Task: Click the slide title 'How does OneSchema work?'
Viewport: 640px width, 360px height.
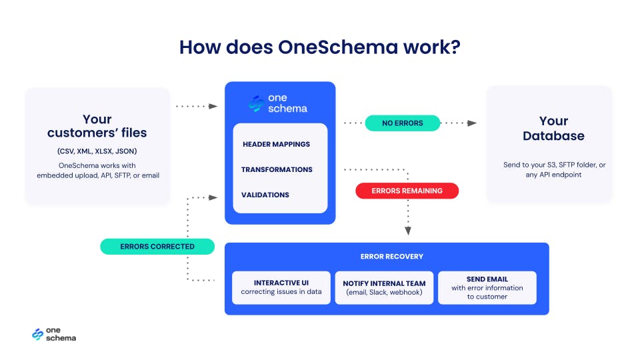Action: [320, 48]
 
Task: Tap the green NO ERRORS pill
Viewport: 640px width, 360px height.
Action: [403, 123]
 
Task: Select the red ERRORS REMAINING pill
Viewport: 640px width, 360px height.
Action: [407, 191]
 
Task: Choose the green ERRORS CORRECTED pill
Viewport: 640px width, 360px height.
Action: [157, 246]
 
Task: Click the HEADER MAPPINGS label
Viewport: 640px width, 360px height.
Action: [276, 144]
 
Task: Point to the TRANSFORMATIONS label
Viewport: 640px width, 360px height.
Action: [277, 169]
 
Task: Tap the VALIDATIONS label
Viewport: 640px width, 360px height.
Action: [265, 195]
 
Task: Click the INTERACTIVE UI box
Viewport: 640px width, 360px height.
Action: [281, 287]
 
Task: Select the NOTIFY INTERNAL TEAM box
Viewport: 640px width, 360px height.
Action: [384, 287]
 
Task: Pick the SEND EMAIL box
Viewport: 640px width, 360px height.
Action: [487, 287]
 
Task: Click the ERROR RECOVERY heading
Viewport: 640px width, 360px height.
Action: [387, 256]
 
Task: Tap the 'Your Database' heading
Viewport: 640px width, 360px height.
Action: [553, 128]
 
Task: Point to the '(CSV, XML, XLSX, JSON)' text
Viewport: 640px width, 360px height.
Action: [97, 150]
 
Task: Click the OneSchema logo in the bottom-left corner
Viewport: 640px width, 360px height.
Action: [54, 335]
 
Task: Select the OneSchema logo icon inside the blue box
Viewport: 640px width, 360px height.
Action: [256, 103]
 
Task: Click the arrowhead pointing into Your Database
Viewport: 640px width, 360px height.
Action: [472, 123]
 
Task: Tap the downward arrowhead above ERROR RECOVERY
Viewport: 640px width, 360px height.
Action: [408, 231]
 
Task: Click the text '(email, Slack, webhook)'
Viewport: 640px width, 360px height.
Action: [384, 292]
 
